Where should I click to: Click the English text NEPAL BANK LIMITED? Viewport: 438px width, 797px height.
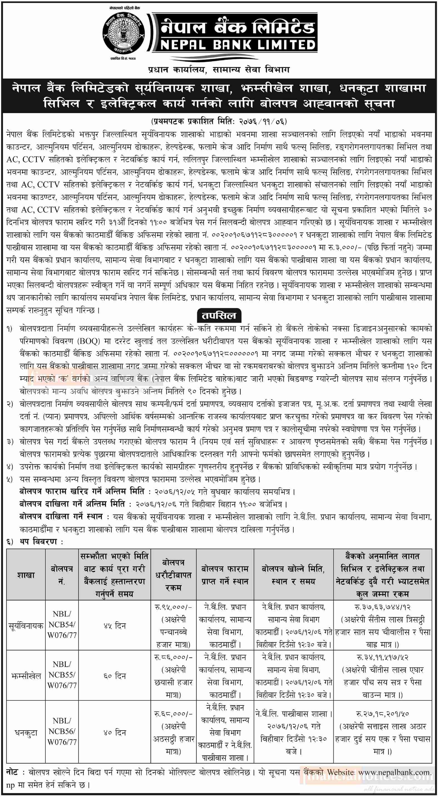click(238, 45)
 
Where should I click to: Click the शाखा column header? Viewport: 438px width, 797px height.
click(26, 575)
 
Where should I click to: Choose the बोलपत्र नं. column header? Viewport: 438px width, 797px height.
click(62, 575)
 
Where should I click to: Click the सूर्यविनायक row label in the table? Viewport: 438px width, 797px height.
click(26, 626)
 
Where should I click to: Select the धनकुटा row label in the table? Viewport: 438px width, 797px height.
click(26, 733)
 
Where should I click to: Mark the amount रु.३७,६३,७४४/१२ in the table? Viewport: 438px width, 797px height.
click(383, 607)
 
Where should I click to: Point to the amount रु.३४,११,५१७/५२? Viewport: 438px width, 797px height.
click(383, 657)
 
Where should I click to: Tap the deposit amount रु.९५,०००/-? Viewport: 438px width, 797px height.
click(173, 607)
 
